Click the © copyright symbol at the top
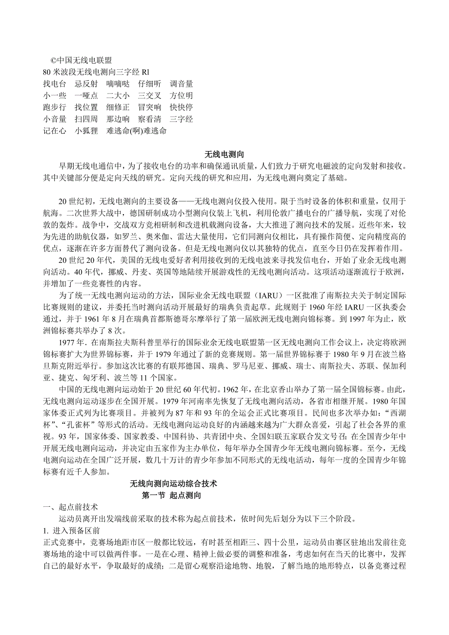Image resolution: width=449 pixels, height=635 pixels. [54, 60]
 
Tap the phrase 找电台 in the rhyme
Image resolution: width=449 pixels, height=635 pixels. [55, 84]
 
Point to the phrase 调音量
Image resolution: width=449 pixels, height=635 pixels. [182, 84]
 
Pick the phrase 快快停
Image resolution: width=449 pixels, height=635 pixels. [182, 107]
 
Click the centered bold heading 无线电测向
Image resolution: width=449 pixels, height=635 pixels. [224, 155]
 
